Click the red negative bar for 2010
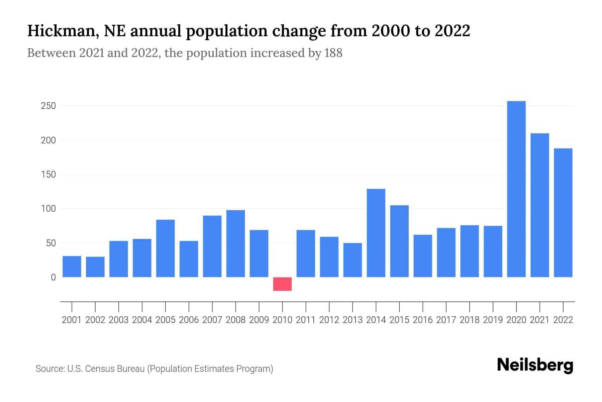(x=282, y=284)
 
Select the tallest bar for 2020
(x=516, y=189)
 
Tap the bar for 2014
(x=376, y=233)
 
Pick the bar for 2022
(x=563, y=213)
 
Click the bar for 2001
(x=72, y=267)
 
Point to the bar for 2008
(x=235, y=244)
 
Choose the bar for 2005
(x=165, y=248)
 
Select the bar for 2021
(x=539, y=205)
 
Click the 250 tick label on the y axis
(x=48, y=106)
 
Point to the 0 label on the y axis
(x=53, y=277)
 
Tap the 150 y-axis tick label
(x=48, y=175)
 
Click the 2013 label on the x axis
(x=353, y=320)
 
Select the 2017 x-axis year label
(x=446, y=320)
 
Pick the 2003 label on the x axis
(x=119, y=320)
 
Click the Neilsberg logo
(x=535, y=365)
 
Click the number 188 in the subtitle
(x=333, y=53)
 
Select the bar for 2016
(x=423, y=256)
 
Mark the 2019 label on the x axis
(x=493, y=320)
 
